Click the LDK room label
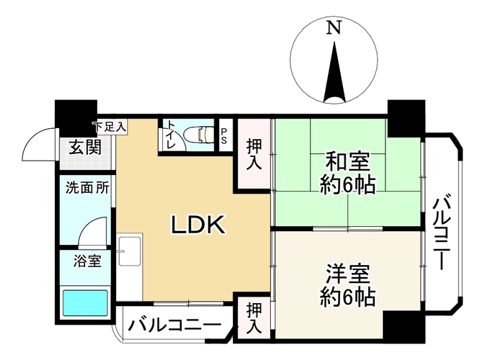[x=198, y=225]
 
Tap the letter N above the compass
[x=334, y=28]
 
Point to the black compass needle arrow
[x=334, y=72]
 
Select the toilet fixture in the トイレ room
[x=200, y=135]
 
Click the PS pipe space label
[x=223, y=136]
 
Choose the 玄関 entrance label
[x=85, y=147]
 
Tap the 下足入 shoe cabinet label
[x=110, y=127]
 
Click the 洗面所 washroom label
[x=87, y=188]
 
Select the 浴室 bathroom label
[x=87, y=261]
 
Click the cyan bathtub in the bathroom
[x=85, y=303]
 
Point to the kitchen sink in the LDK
[x=130, y=251]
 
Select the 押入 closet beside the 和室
[x=254, y=154]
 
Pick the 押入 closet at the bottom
[x=254, y=318]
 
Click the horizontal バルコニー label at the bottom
[x=175, y=325]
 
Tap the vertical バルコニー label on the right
[x=442, y=231]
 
